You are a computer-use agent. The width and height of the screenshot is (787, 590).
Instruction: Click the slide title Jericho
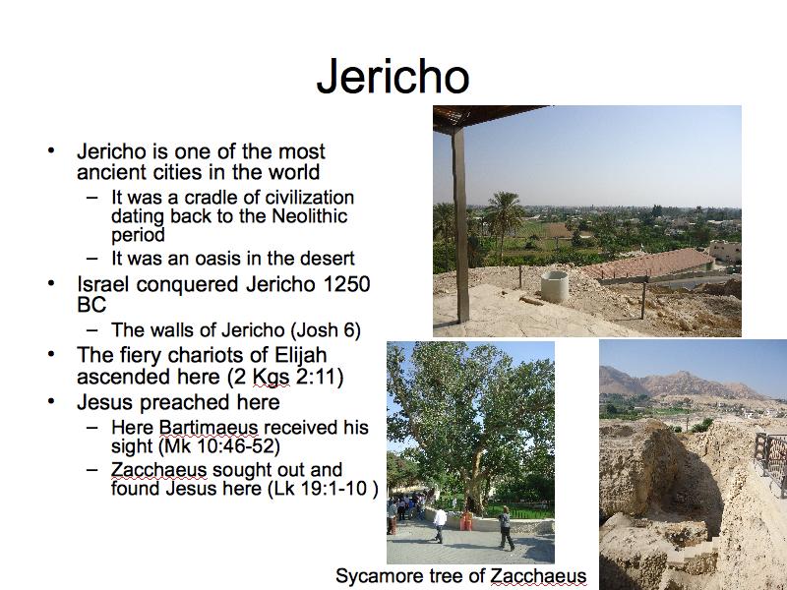pos(393,77)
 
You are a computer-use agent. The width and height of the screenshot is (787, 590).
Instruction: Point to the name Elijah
pos(301,355)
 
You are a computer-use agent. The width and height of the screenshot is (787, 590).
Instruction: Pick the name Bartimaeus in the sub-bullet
pos(209,428)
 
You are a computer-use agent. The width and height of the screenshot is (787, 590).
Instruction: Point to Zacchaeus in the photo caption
pos(538,576)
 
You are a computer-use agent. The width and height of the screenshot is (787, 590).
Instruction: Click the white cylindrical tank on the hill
pos(555,286)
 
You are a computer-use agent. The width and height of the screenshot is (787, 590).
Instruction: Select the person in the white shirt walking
pos(440,524)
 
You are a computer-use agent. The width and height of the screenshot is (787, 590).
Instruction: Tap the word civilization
pos(310,198)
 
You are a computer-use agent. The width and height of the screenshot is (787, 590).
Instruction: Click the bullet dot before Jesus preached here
pos(51,401)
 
